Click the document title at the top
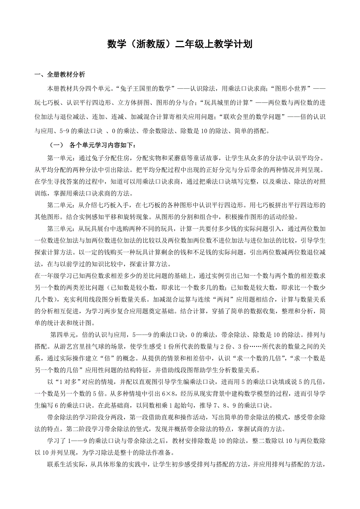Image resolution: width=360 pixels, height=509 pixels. pos(180,45)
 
